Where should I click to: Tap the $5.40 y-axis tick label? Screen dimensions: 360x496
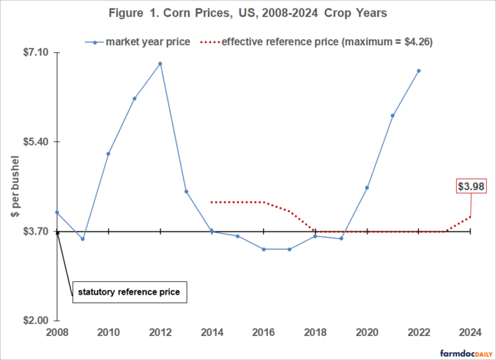tap(33, 142)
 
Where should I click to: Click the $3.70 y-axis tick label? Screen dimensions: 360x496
tap(33, 231)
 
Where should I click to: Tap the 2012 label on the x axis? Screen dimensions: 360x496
tap(160, 334)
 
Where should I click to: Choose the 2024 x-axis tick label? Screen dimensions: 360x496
tap(470, 334)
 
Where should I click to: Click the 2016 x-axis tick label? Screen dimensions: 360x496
tap(263, 334)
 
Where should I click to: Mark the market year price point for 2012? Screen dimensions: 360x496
tap(160, 63)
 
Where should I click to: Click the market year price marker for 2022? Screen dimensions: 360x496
tap(418, 70)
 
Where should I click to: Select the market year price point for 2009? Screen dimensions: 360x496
tap(83, 239)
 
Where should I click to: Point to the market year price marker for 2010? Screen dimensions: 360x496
tap(108, 154)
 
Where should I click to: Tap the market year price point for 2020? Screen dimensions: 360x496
tap(367, 187)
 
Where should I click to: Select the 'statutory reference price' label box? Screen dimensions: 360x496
tap(129, 292)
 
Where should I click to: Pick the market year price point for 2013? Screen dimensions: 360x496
tap(186, 191)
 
